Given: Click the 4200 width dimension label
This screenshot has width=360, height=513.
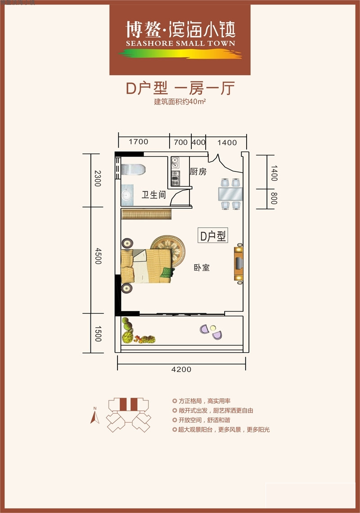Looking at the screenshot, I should pos(181,369).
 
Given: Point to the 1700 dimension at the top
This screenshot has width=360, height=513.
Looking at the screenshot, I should pos(138,142).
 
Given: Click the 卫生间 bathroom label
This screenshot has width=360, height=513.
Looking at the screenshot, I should pos(154,195).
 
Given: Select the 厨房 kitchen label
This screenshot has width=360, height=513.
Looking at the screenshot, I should pos(198,171).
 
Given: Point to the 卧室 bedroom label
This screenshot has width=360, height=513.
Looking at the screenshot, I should pos(202,268).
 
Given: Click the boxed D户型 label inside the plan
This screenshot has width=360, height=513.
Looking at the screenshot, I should pos(213,235).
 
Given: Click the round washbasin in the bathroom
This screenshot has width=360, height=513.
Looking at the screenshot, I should pos(126,196).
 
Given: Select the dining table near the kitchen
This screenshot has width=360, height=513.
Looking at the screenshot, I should pos(230,194).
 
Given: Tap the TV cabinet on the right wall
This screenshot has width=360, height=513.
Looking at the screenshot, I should pos(238,264).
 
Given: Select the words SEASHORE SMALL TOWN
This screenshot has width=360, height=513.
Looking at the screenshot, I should pos(180,44).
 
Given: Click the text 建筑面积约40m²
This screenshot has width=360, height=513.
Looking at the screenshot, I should pos(180,102).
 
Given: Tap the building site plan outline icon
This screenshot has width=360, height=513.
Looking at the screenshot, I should pos(128,414).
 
